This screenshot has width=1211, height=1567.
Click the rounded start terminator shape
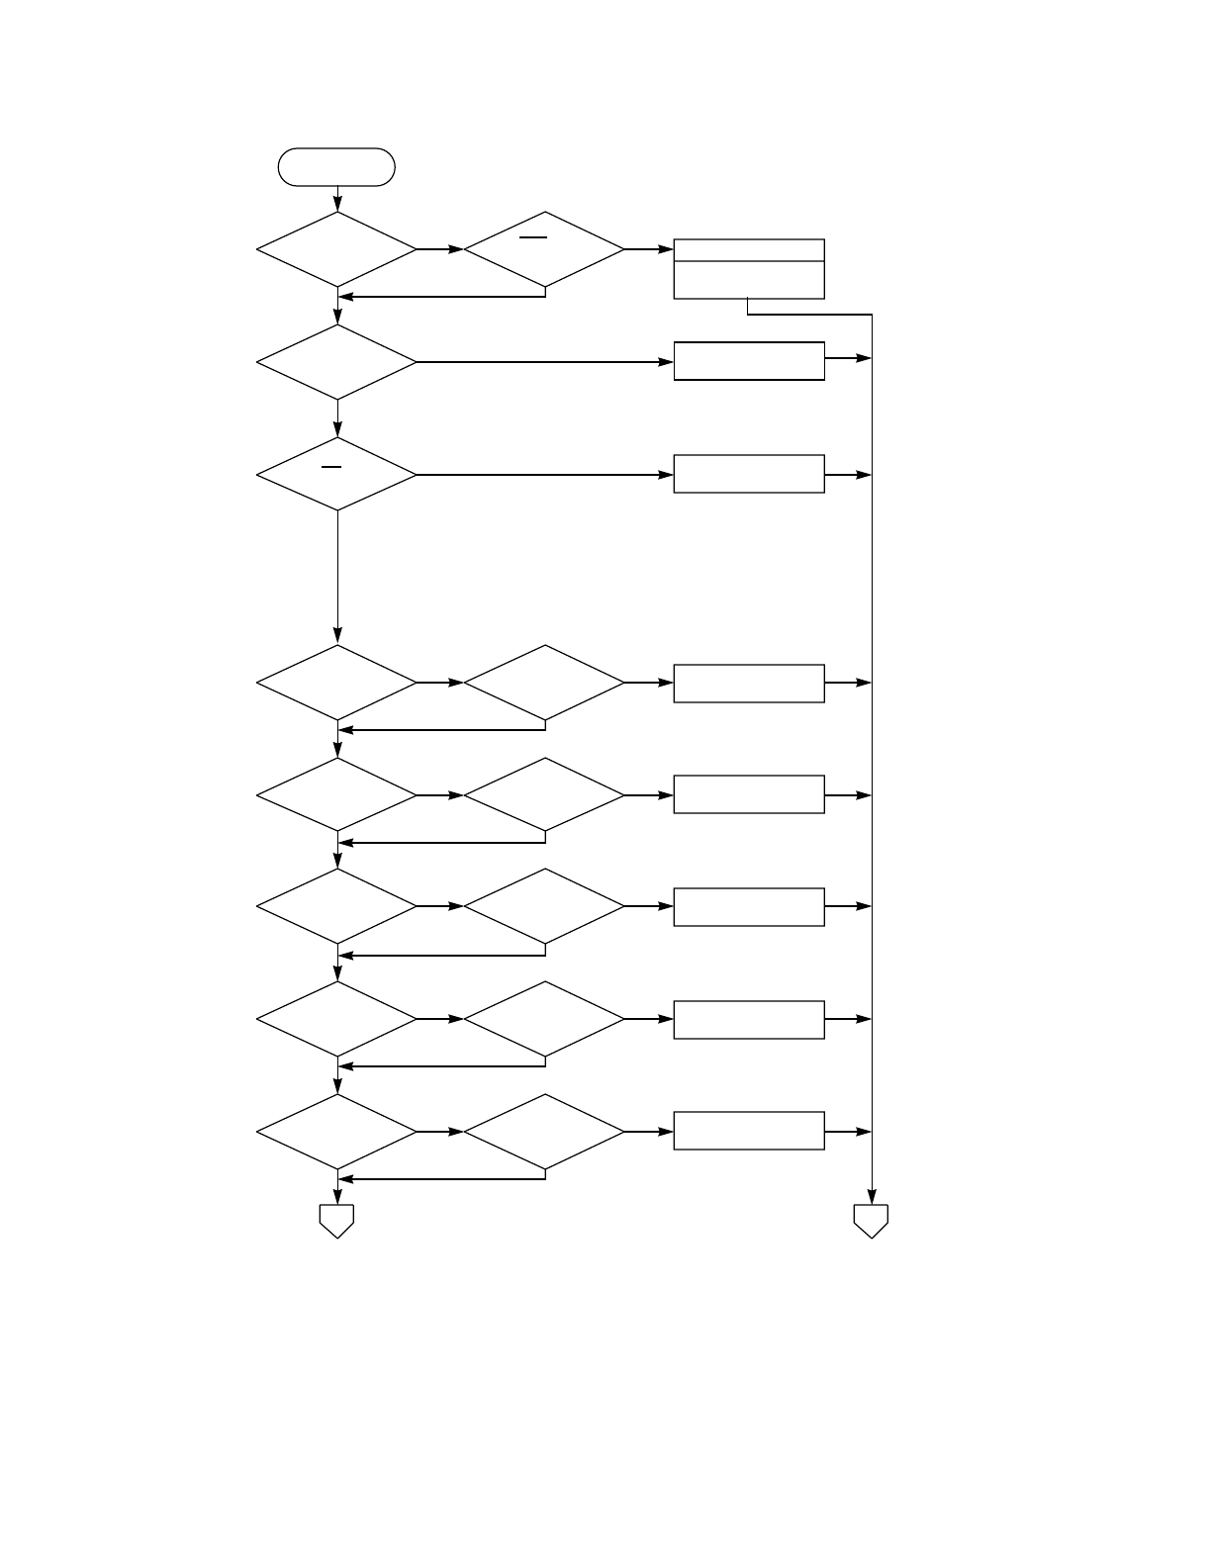pos(336,167)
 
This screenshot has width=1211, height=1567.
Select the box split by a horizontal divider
pos(749,269)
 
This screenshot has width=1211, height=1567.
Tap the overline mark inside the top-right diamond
pos(533,237)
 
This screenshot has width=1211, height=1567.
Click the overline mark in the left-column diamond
pos(331,466)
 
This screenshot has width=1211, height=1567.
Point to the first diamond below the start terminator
pos(336,249)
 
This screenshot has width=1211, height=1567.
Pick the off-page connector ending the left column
pos(336,1221)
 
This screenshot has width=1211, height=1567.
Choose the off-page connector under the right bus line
pos(871,1221)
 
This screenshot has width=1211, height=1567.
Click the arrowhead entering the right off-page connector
pos(872,1196)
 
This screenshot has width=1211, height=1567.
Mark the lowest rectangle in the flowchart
pos(749,1131)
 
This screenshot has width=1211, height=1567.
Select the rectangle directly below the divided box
pos(749,361)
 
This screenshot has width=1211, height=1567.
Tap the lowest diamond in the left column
pos(336,1132)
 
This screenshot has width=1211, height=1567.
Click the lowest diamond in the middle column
pos(544,1132)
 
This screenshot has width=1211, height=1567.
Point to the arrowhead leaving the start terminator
pos(337,204)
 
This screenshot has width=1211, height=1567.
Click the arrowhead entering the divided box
pos(666,249)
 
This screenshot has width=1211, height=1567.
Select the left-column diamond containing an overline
pos(336,475)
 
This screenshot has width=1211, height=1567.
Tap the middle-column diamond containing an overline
pos(544,249)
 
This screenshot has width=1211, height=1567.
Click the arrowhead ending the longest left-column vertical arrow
pos(337,636)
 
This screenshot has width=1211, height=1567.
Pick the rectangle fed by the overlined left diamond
pos(749,474)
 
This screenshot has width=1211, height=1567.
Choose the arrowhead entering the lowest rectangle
pos(666,1132)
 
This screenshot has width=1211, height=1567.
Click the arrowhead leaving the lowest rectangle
pos(864,1132)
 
